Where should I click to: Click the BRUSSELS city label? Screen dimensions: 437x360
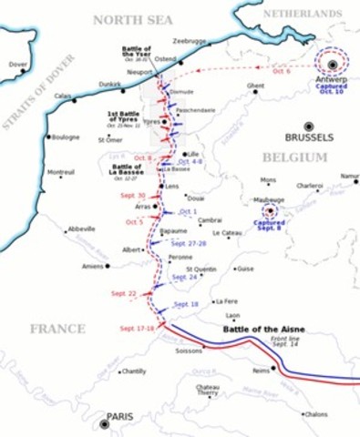pyautogui.click(x=309, y=138)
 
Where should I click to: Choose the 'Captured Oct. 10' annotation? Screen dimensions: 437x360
pyautogui.click(x=332, y=88)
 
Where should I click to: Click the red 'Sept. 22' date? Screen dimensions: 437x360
pyautogui.click(x=123, y=293)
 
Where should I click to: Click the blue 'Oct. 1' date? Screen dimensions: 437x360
pyautogui.click(x=188, y=212)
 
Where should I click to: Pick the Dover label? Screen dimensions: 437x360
pyautogui.click(x=17, y=65)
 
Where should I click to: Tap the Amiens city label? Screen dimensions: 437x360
pyautogui.click(x=92, y=266)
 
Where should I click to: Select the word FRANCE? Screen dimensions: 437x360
pyautogui.click(x=57, y=329)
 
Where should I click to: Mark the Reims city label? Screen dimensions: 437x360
pyautogui.click(x=262, y=371)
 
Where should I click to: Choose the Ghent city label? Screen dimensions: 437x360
pyautogui.click(x=255, y=86)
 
